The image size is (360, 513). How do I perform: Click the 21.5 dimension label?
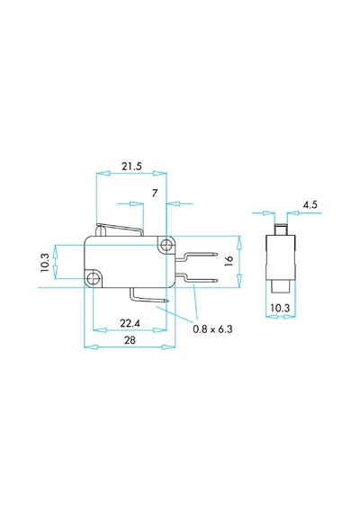pos(132,166)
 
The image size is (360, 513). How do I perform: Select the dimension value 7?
pos(155,193)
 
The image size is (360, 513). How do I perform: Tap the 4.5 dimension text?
pos(310,205)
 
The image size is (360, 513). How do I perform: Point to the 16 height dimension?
pos(229,261)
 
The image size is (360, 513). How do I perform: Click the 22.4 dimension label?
pos(130,323)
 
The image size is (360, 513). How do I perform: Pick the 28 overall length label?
pos(130,340)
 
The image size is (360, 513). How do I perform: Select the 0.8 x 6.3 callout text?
pos(212,329)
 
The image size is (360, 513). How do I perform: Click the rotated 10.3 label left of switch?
pos(45,263)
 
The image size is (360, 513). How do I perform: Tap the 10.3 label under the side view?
pos(280,308)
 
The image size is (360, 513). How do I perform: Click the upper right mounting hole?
pos(167,244)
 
